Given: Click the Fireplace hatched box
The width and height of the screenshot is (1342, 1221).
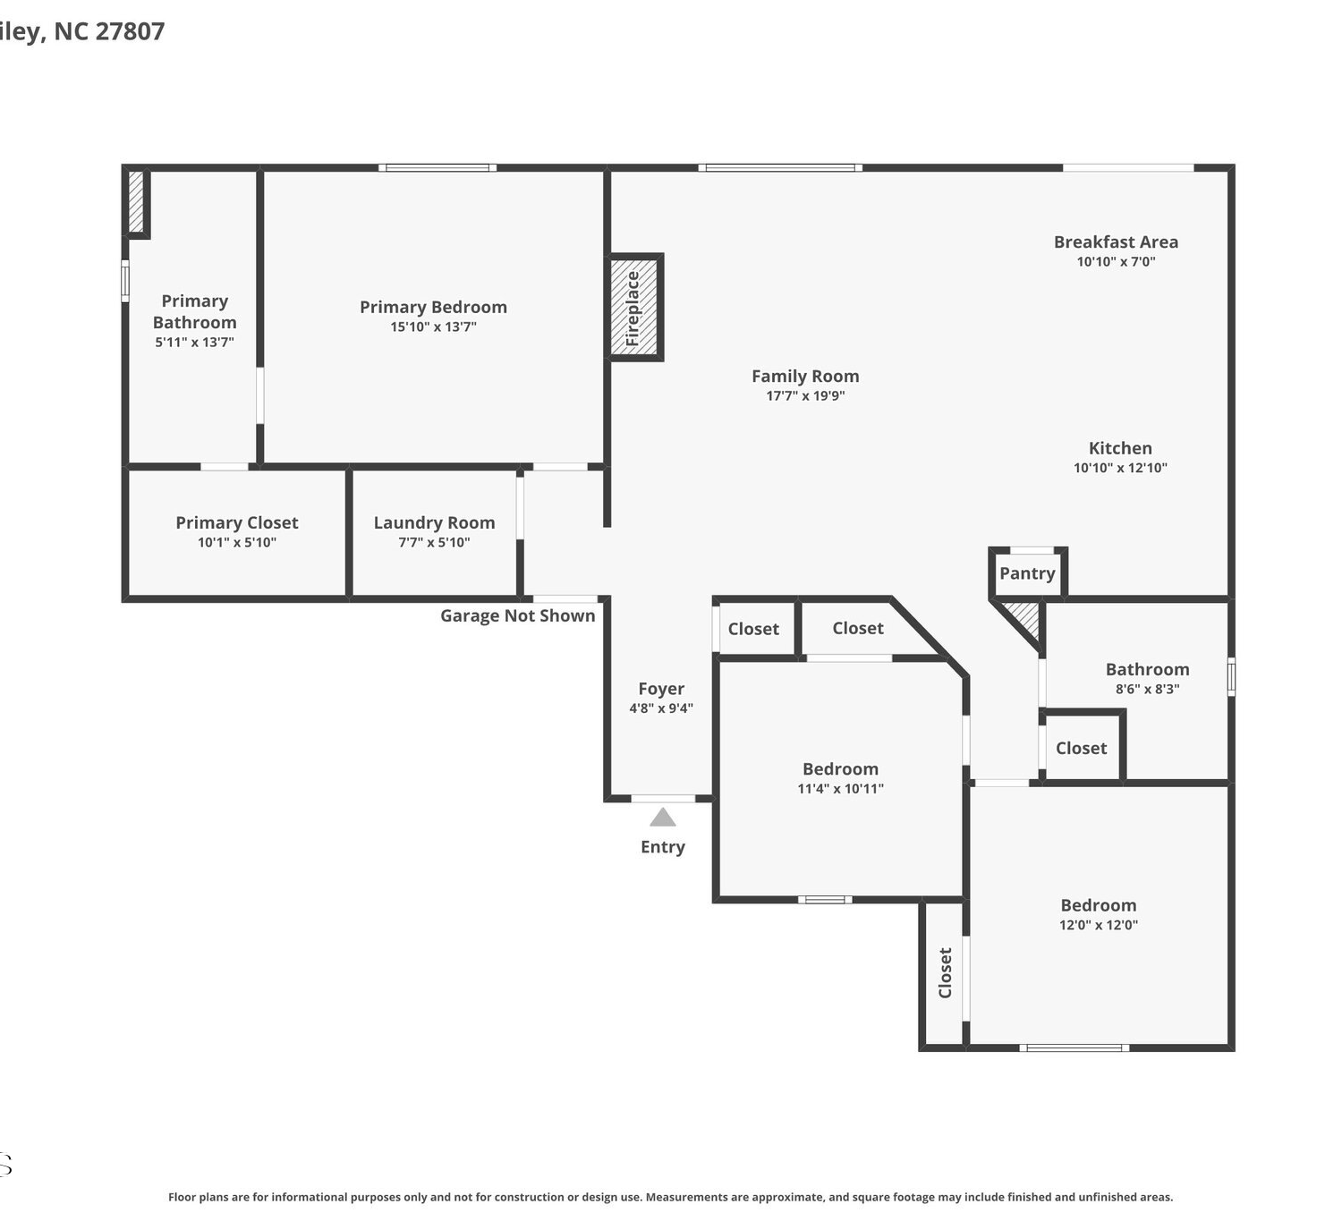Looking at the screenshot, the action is [634, 307].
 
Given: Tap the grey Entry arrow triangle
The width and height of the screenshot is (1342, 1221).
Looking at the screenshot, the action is [662, 817].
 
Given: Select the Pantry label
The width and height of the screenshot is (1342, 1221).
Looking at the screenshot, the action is [1027, 573].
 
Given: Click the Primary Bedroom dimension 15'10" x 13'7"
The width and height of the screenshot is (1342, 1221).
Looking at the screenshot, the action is [434, 326].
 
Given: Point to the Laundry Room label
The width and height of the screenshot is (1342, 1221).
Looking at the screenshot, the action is [434, 522].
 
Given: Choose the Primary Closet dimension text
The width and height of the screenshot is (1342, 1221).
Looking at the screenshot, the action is [237, 542].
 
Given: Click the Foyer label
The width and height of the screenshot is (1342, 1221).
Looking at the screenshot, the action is [661, 689].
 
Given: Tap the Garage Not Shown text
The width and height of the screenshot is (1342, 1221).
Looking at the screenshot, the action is [518, 615].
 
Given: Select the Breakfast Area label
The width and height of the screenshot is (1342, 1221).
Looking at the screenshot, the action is [1116, 242].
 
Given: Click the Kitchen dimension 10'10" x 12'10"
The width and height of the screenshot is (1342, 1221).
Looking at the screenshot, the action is [1120, 468].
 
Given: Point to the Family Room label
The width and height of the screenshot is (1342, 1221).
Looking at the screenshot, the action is [805, 376].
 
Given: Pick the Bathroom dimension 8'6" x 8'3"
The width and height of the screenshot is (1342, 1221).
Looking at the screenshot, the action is [1147, 689].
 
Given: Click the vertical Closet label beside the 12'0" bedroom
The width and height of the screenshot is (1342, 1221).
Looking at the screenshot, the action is [945, 973].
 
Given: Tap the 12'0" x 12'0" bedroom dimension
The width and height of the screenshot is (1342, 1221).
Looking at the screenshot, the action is [1099, 925].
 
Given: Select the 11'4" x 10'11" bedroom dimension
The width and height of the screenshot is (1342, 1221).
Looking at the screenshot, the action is [840, 788].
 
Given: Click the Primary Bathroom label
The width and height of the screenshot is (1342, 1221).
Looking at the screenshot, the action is [195, 312].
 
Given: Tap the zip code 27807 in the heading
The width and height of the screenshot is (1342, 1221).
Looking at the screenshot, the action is [130, 30].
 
